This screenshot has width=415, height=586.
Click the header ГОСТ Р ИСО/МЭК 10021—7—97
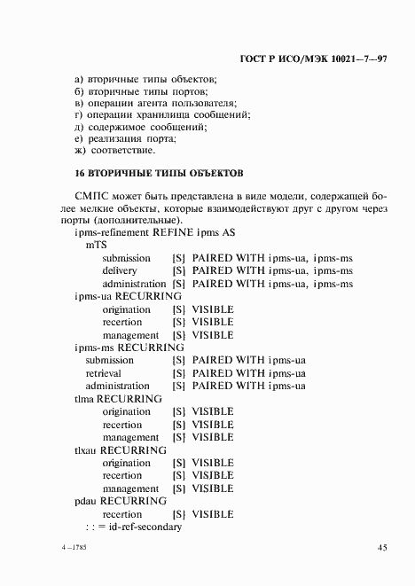tap(315, 59)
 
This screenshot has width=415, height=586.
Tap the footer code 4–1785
tap(87, 549)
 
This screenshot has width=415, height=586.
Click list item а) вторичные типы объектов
tap(139, 79)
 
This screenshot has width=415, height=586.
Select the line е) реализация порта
tap(126, 139)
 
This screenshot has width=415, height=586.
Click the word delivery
tap(119, 270)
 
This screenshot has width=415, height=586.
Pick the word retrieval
tap(105, 373)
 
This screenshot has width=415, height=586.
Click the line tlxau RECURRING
tap(121, 450)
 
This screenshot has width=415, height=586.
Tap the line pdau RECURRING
tap(121, 502)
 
